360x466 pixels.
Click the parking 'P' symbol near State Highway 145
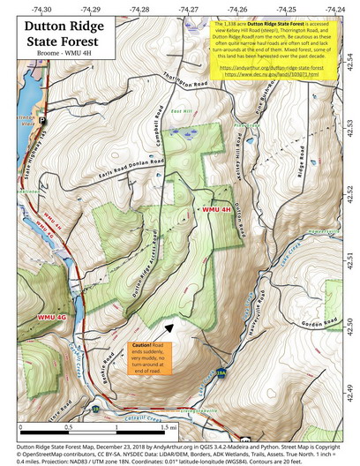41,117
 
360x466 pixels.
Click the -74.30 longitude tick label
41,9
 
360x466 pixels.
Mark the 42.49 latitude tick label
349,388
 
